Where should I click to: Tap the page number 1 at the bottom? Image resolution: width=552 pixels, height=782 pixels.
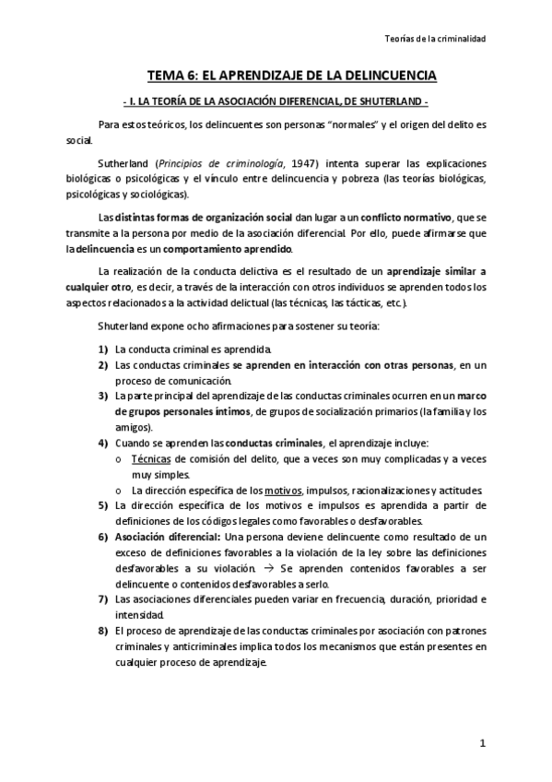[x=482, y=742]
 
